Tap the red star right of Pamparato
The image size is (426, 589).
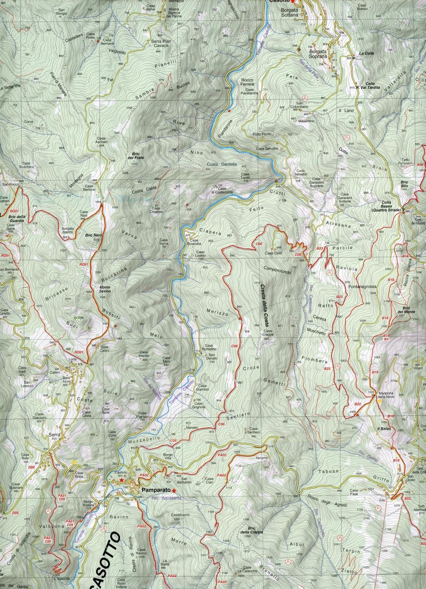click(174, 490)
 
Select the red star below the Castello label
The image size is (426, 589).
click(121, 480)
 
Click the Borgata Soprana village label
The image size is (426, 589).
click(317, 55)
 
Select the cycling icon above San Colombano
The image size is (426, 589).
click(305, 97)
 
